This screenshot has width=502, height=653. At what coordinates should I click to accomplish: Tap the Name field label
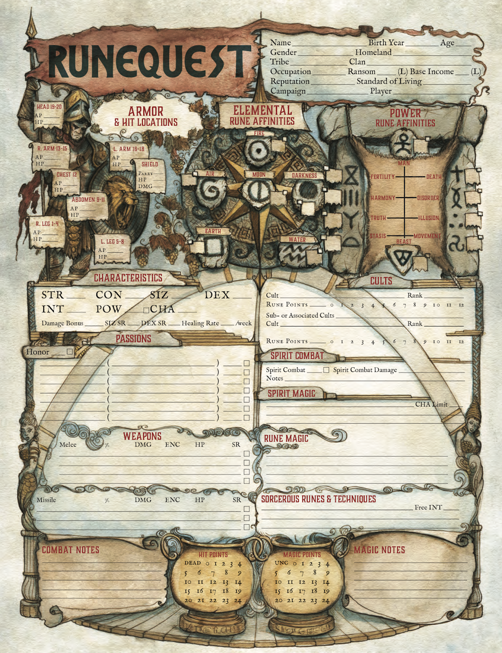click(280, 42)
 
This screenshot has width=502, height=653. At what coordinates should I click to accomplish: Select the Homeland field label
click(373, 52)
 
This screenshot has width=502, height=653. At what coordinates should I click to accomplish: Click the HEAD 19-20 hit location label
click(49, 107)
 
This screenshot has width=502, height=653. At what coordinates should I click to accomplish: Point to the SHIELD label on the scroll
click(149, 164)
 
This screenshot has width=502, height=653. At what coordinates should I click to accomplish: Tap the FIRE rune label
click(259, 133)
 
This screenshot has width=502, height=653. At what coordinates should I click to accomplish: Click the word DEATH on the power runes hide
click(434, 177)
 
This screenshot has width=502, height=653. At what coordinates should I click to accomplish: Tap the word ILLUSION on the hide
click(429, 218)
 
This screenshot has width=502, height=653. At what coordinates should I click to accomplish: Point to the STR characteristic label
click(53, 295)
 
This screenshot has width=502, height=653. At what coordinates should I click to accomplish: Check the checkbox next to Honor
click(70, 351)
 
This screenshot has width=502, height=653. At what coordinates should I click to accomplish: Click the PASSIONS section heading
click(133, 339)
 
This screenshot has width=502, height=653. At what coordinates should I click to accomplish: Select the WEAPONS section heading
click(142, 436)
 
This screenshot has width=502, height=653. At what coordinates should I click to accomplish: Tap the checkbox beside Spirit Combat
click(326, 370)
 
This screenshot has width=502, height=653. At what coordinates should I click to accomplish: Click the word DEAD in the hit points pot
click(193, 563)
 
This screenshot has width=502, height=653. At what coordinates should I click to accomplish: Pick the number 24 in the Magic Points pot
click(325, 600)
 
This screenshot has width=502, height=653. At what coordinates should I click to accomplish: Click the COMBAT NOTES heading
click(71, 550)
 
